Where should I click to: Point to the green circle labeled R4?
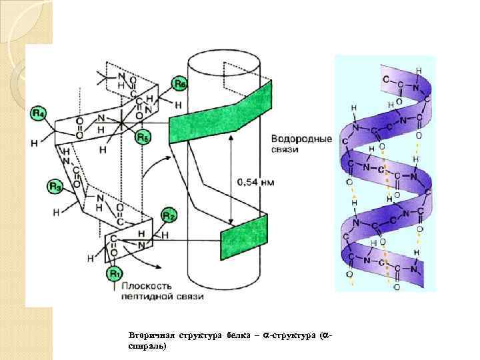pyautogui.click(x=38, y=114)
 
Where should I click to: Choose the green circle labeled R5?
pyautogui.click(x=142, y=138)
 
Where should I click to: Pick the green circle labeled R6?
pyautogui.click(x=179, y=84)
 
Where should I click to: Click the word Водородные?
pyautogui.click(x=301, y=139)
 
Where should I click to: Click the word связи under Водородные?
pyautogui.click(x=285, y=149)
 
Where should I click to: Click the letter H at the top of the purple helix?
pyautogui.click(x=418, y=70)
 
